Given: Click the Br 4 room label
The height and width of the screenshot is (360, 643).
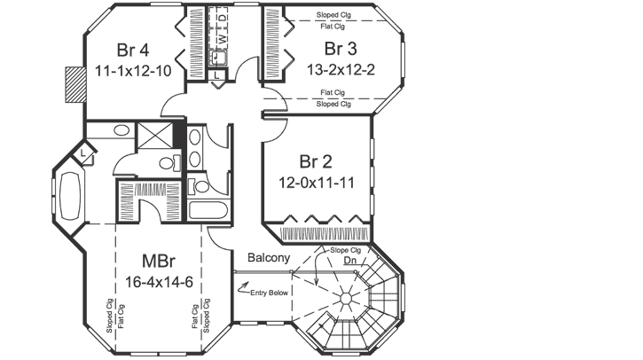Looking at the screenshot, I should (x=136, y=48).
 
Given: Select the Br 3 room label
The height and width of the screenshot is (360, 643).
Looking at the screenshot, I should (x=343, y=48).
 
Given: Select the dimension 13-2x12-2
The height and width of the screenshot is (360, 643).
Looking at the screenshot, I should (x=343, y=68).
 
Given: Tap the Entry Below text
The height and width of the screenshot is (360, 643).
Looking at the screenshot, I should (x=270, y=293).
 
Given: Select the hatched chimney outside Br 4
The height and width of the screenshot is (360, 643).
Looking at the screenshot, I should (x=72, y=86).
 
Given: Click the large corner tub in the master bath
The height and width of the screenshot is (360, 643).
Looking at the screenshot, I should (x=68, y=195).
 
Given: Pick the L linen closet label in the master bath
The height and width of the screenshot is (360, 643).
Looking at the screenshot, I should (x=82, y=153).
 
